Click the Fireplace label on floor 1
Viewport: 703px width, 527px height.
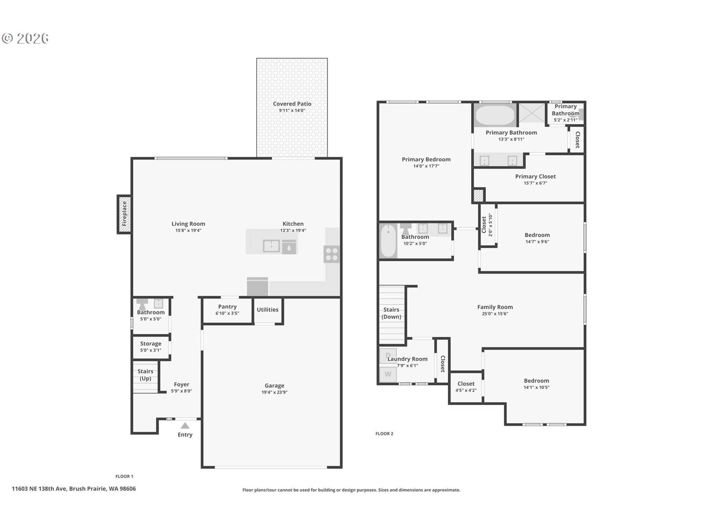(x=124, y=214)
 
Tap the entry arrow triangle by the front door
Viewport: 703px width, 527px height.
(x=185, y=425)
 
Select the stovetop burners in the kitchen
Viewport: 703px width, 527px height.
(x=332, y=254)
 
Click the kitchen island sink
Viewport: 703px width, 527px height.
(x=271, y=246)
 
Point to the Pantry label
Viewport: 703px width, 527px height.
(x=227, y=307)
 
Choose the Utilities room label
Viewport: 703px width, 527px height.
(x=268, y=310)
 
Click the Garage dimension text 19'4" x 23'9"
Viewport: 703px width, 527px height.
(x=274, y=392)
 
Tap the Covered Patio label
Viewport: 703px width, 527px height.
(x=292, y=104)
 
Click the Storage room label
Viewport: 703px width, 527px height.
(x=151, y=344)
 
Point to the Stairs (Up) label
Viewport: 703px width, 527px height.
(x=145, y=375)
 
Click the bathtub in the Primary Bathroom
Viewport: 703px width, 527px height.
(x=495, y=116)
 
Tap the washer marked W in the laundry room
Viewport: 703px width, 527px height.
(x=388, y=374)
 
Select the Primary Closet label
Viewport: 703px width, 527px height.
(x=535, y=176)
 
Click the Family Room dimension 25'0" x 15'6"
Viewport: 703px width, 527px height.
(x=495, y=314)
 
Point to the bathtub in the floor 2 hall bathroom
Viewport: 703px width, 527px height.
(x=388, y=241)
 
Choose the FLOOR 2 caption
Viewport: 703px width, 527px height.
(x=384, y=434)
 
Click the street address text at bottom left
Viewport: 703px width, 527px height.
(x=74, y=489)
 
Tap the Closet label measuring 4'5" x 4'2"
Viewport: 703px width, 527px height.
(x=466, y=384)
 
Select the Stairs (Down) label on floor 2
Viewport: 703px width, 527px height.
(x=391, y=313)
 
